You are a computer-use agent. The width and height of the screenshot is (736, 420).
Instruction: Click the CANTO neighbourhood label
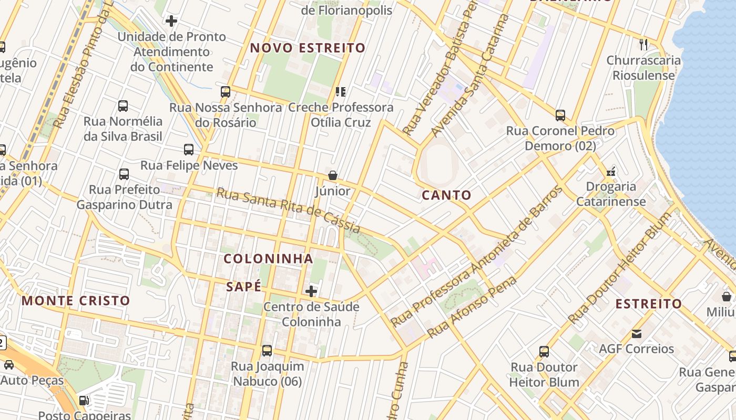pyautogui.click(x=446, y=195)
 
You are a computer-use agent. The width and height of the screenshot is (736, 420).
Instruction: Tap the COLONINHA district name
pyautogui.click(x=268, y=259)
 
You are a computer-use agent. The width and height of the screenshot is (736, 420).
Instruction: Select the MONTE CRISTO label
pyautogui.click(x=76, y=301)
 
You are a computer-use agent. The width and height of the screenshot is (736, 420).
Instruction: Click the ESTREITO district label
pyautogui.click(x=648, y=304)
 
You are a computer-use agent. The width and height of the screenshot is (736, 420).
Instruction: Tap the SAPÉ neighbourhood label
pyautogui.click(x=243, y=287)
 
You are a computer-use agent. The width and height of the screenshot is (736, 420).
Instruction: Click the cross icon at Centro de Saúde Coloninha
pyautogui.click(x=311, y=291)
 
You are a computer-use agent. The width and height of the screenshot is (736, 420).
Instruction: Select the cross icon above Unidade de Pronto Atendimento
pyautogui.click(x=171, y=21)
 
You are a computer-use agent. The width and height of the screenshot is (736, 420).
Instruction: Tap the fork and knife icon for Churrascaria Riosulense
pyautogui.click(x=643, y=44)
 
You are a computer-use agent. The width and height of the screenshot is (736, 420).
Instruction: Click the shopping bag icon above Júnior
pyautogui.click(x=332, y=175)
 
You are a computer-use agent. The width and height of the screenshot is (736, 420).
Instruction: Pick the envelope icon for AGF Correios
pyautogui.click(x=637, y=333)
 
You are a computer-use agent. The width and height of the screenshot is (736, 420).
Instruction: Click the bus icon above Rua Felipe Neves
pyautogui.click(x=189, y=150)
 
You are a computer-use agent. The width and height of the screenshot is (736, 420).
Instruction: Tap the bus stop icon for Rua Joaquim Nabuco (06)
pyautogui.click(x=267, y=351)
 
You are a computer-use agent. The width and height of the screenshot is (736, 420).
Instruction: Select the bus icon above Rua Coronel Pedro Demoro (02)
pyautogui.click(x=560, y=115)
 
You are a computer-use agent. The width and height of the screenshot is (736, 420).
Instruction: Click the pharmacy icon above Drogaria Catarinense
pyautogui.click(x=611, y=171)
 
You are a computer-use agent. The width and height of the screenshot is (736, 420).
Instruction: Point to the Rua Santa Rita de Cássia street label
pyautogui.click(x=288, y=211)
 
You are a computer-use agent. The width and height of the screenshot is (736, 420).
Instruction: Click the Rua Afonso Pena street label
pyautogui.click(x=472, y=307)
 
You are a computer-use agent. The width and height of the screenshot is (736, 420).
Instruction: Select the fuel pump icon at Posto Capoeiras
pyautogui.click(x=84, y=401)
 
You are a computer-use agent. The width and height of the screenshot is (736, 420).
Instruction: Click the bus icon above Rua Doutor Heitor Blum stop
pyautogui.click(x=544, y=352)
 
